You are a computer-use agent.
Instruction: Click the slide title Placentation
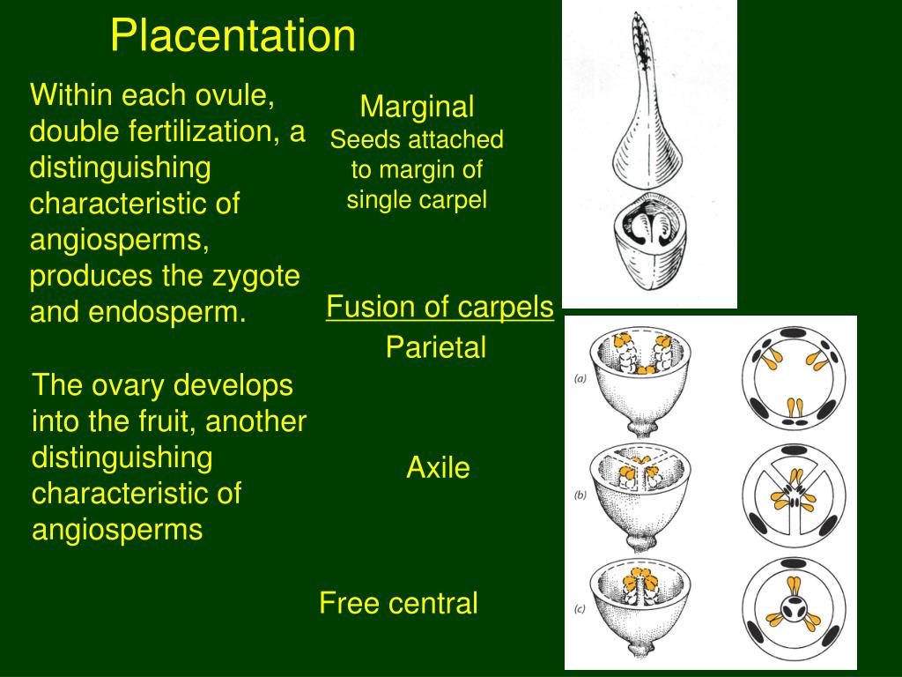click(233, 36)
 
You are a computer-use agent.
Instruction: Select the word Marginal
click(417, 108)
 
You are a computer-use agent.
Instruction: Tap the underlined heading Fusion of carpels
click(440, 308)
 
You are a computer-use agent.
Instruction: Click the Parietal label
click(435, 348)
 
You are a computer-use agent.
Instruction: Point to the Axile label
click(438, 468)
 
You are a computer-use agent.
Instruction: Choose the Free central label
click(398, 604)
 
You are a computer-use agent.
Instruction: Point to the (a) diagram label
click(580, 380)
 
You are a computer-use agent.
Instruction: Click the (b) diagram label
click(580, 495)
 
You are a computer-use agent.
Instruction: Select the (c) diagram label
click(580, 607)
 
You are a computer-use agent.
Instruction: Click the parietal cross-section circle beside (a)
click(795, 379)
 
